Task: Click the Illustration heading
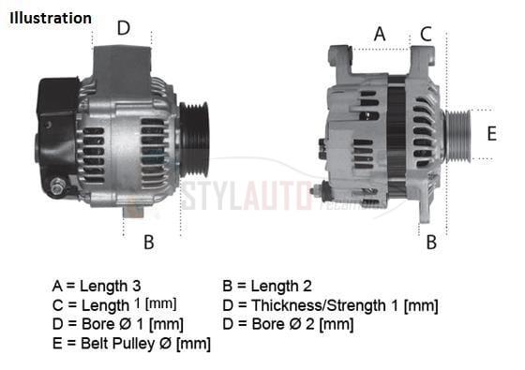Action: point(52,18)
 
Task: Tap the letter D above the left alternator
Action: point(123,28)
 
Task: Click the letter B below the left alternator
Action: point(148,243)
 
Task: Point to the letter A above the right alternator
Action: point(380,34)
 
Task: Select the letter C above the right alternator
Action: point(426,34)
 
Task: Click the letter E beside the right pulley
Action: point(491,134)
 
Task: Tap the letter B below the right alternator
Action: point(431,243)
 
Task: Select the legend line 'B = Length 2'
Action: point(267,286)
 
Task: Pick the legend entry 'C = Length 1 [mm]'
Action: point(113,304)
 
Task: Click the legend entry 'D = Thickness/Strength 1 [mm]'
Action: point(330,304)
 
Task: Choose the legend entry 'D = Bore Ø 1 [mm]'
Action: point(117,324)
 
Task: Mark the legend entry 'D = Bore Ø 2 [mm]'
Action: point(288,324)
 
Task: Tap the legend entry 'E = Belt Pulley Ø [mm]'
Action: point(131,344)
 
